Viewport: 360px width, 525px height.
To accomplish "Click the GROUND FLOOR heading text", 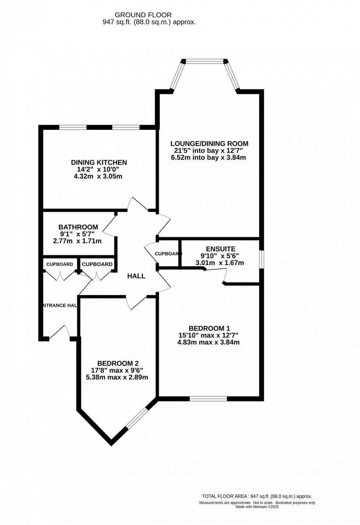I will (x=143, y=15).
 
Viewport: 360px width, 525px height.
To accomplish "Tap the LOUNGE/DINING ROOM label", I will (x=209, y=144).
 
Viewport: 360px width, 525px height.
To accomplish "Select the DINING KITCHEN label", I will (x=99, y=162).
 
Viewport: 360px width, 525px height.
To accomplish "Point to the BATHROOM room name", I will (x=78, y=227).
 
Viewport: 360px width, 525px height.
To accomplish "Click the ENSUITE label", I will (x=220, y=249).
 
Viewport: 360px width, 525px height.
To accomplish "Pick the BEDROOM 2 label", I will (x=118, y=363).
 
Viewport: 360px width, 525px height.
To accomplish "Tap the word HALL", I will (x=136, y=276).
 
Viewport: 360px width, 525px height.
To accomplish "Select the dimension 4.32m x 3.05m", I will (x=98, y=176).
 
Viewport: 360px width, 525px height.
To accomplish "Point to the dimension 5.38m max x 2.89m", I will (x=117, y=377).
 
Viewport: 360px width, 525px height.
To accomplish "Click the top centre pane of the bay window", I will (x=205, y=61).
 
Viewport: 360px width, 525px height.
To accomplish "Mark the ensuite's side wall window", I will (x=261, y=260).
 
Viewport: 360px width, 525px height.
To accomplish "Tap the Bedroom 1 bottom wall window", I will (x=208, y=399).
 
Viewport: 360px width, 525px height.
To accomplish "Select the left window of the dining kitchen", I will (x=73, y=127).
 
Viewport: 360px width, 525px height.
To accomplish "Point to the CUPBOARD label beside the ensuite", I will (x=168, y=254).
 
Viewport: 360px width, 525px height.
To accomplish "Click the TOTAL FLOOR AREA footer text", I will (x=257, y=496).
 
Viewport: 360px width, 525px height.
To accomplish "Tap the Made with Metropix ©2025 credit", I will (x=257, y=507).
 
